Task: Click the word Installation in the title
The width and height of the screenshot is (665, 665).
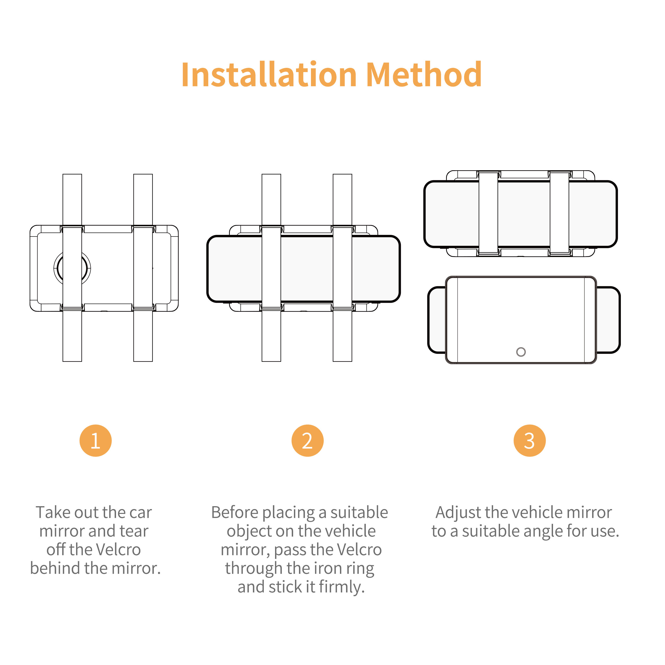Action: click(x=269, y=74)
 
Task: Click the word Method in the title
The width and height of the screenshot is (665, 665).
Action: click(x=424, y=74)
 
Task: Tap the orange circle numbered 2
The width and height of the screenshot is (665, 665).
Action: click(x=307, y=440)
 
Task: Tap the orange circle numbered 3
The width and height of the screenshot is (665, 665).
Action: click(x=529, y=440)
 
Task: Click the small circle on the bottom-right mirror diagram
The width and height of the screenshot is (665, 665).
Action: click(x=521, y=352)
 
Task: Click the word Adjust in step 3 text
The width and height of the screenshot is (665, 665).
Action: click(x=458, y=513)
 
